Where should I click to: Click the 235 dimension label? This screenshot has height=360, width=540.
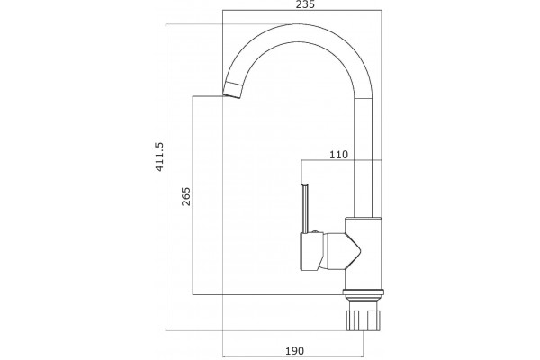click(305, 4)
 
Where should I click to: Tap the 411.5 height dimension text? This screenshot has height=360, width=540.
click(160, 157)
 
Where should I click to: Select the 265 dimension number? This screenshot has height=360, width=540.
click(186, 196)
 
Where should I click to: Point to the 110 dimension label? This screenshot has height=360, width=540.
click(339, 155)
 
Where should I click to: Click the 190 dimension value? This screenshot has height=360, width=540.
click(295, 351)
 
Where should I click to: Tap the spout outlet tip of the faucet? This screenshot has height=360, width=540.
click(232, 91)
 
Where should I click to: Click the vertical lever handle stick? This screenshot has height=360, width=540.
click(305, 209)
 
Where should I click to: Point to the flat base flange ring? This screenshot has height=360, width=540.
click(364, 292)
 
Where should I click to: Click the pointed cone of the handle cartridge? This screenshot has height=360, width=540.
click(352, 250)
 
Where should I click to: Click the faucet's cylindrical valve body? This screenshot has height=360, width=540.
click(364, 253)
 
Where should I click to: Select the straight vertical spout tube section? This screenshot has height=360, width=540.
click(364, 157)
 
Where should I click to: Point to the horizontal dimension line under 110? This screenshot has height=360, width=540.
click(342, 160)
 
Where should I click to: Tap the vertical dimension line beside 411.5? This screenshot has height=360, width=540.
click(166, 177)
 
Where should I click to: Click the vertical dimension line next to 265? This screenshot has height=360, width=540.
click(193, 195)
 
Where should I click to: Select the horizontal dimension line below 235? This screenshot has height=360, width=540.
click(302, 10)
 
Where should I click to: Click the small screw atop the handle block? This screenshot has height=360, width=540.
click(314, 232)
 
